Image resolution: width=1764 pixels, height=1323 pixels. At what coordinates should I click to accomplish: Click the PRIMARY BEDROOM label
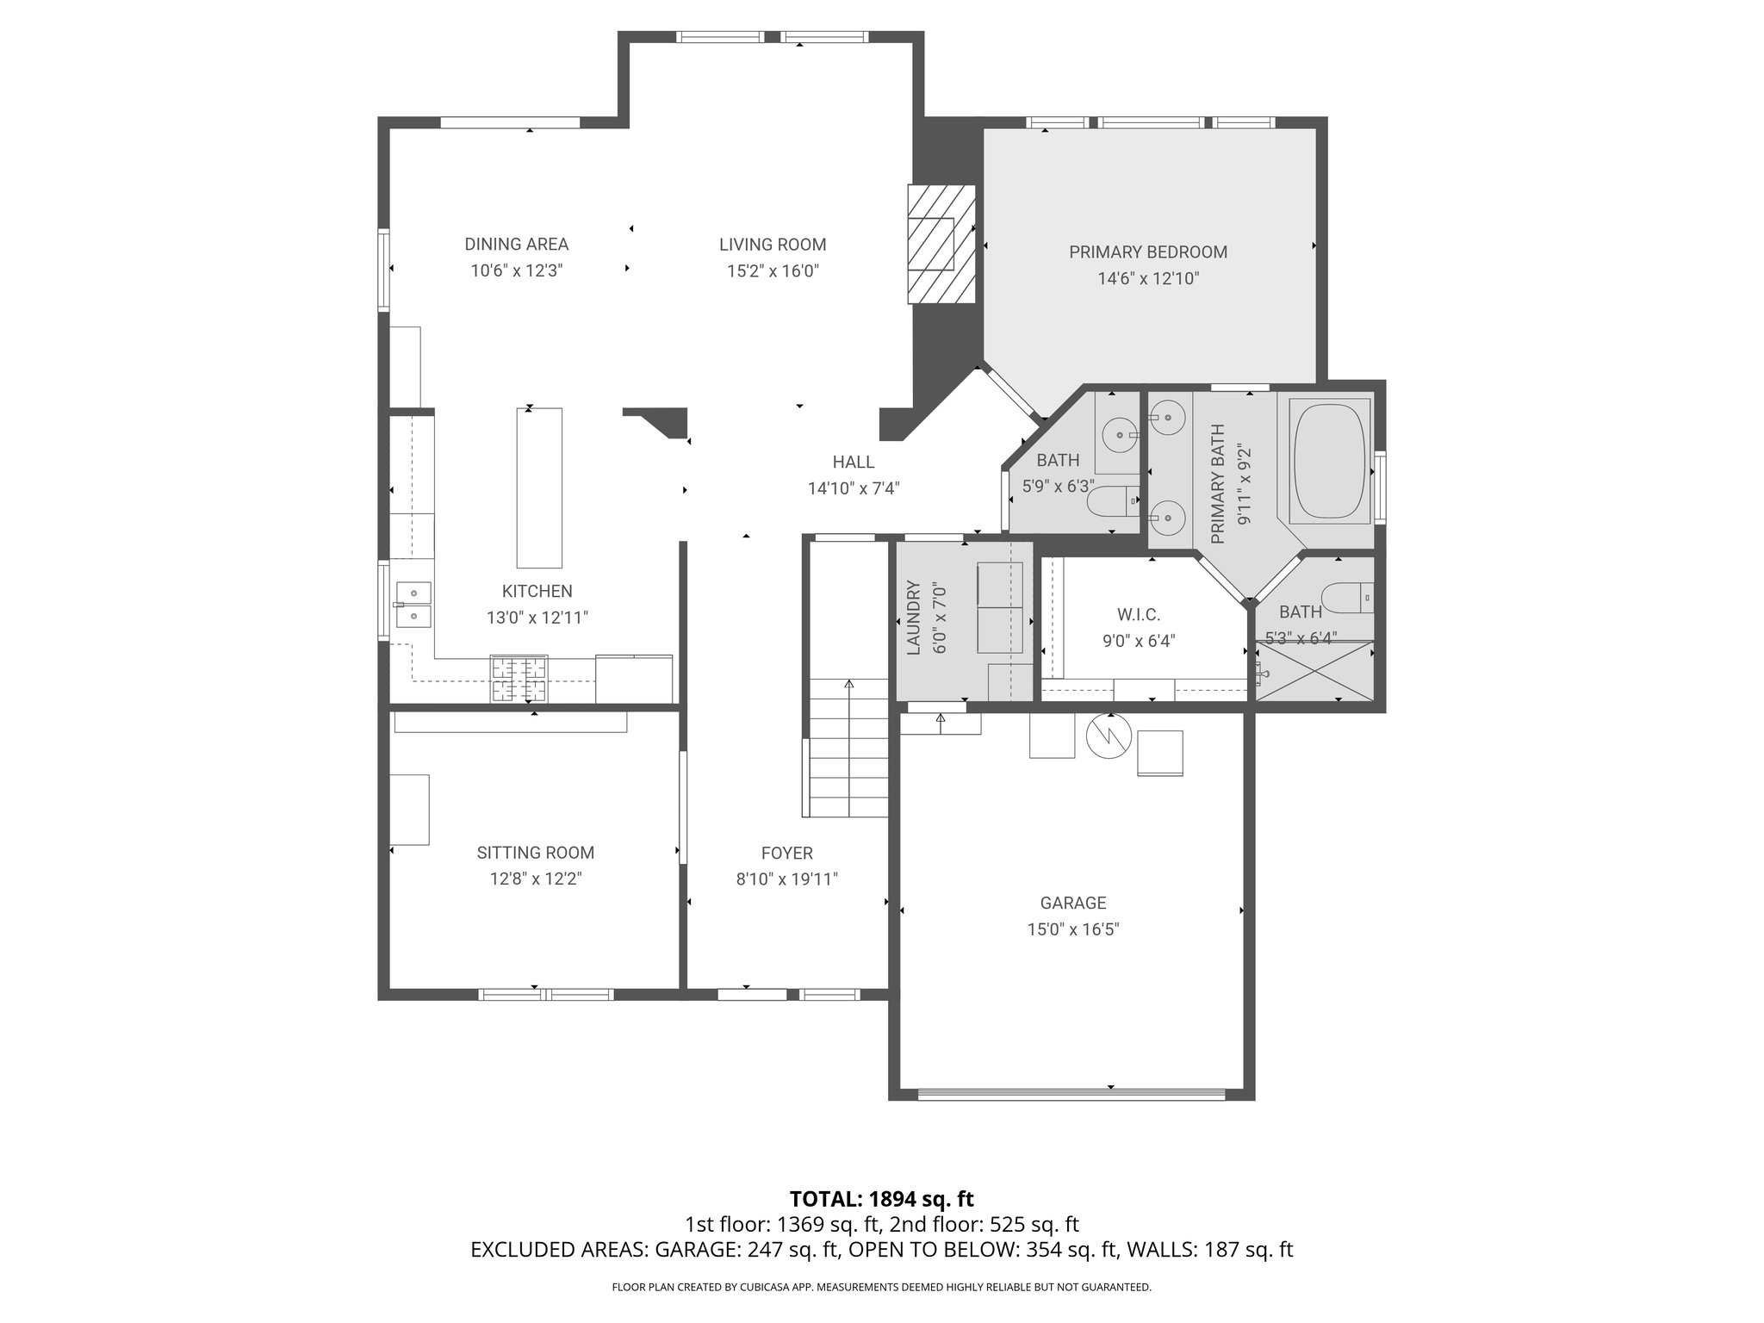pyautogui.click(x=1147, y=252)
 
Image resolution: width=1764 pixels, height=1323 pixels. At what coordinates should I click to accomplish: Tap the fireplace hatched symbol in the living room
pyautogui.click(x=940, y=244)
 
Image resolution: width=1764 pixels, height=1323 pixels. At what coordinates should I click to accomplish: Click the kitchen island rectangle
pyautogui.click(x=539, y=488)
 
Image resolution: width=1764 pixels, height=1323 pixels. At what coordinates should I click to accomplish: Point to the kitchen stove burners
pyautogui.click(x=519, y=680)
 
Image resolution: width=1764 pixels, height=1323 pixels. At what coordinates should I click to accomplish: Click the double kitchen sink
pyautogui.click(x=413, y=604)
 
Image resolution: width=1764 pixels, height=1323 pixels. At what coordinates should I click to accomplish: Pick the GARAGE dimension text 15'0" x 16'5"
pyautogui.click(x=1072, y=929)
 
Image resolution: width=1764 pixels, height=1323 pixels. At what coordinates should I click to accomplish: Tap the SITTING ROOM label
pyautogui.click(x=535, y=853)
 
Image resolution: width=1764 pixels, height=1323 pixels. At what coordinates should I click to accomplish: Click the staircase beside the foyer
pyautogui.click(x=848, y=748)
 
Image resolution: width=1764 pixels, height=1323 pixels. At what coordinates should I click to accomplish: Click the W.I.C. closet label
pyautogui.click(x=1139, y=615)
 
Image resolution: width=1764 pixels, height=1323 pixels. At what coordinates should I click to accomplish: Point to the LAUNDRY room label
pyautogui.click(x=914, y=618)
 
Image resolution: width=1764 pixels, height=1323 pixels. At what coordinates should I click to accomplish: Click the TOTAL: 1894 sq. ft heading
pyautogui.click(x=881, y=1199)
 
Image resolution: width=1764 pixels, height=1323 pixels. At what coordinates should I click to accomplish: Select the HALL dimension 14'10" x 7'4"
pyautogui.click(x=853, y=489)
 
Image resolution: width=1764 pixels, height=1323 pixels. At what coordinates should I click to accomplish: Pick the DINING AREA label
pyautogui.click(x=516, y=245)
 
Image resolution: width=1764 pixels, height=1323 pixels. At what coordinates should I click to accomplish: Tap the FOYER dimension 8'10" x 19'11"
pyautogui.click(x=786, y=879)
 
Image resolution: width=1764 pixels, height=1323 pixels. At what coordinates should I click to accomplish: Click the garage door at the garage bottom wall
pyautogui.click(x=1071, y=1095)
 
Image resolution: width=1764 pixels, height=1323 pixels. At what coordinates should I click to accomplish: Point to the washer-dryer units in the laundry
pyautogui.click(x=1000, y=608)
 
